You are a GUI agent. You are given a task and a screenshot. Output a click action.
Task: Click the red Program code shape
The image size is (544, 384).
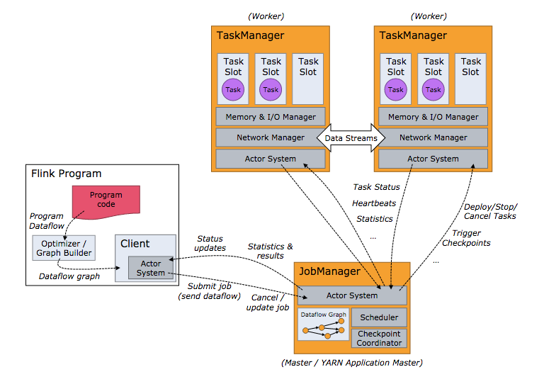click(x=106, y=199)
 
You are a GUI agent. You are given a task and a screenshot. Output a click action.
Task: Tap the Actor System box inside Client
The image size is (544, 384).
click(x=151, y=268)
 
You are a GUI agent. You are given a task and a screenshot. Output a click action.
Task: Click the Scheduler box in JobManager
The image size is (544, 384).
click(x=379, y=317)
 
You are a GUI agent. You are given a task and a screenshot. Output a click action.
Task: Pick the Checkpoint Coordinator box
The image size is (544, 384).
click(x=379, y=338)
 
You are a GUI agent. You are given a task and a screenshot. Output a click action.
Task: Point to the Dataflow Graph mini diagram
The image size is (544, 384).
click(x=323, y=324)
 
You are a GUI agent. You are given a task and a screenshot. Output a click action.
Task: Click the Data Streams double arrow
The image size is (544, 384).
click(x=351, y=137)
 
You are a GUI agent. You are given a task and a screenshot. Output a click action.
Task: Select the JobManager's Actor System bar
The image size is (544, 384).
click(x=351, y=295)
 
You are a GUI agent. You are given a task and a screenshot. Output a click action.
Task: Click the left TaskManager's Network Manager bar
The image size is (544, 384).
click(x=271, y=137)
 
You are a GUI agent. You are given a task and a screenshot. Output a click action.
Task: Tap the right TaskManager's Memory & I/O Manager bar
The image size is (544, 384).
click(x=433, y=117)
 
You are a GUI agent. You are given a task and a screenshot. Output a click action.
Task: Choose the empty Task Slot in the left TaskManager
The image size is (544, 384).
click(x=308, y=78)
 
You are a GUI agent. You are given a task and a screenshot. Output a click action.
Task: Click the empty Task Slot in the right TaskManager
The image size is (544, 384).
click(x=471, y=78)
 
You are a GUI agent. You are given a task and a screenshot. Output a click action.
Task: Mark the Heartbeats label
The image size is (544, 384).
click(x=375, y=203)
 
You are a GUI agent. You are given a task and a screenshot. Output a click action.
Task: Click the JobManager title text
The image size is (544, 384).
click(x=330, y=271)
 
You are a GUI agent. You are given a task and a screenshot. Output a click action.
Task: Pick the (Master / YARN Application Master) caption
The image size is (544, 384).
click(x=351, y=363)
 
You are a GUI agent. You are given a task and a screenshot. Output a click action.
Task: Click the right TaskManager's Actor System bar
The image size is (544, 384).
click(x=433, y=159)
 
